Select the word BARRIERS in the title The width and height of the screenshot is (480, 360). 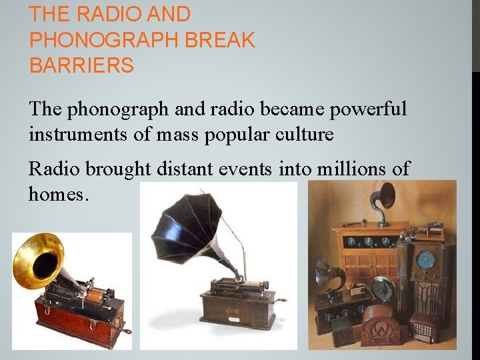81,66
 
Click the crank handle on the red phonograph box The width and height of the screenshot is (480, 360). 124,329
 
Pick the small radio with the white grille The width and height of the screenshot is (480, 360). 425,327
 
